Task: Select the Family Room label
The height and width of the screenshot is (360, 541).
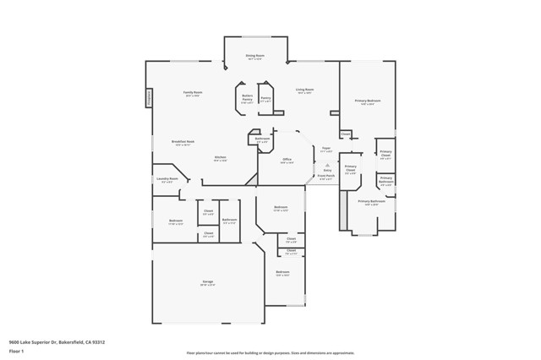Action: (193, 92)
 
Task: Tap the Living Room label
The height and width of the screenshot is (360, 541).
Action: (305, 89)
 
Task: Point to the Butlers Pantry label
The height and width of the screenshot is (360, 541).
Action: (247, 98)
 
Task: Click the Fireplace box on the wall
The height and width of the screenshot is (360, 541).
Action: (150, 97)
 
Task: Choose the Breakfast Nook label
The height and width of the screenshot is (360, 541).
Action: (183, 141)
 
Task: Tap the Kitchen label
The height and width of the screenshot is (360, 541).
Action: (220, 157)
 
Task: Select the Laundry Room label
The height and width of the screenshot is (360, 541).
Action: (167, 178)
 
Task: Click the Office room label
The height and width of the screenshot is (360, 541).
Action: (287, 159)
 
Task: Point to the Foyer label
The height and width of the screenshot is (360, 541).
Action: (326, 148)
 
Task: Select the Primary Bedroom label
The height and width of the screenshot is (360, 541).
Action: (368, 101)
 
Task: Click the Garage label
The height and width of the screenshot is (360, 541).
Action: (207, 281)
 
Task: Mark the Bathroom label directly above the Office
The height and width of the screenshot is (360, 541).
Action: (262, 139)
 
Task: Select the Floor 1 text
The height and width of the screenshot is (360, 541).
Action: (16, 352)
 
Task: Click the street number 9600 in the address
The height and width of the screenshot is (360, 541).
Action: (14, 342)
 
